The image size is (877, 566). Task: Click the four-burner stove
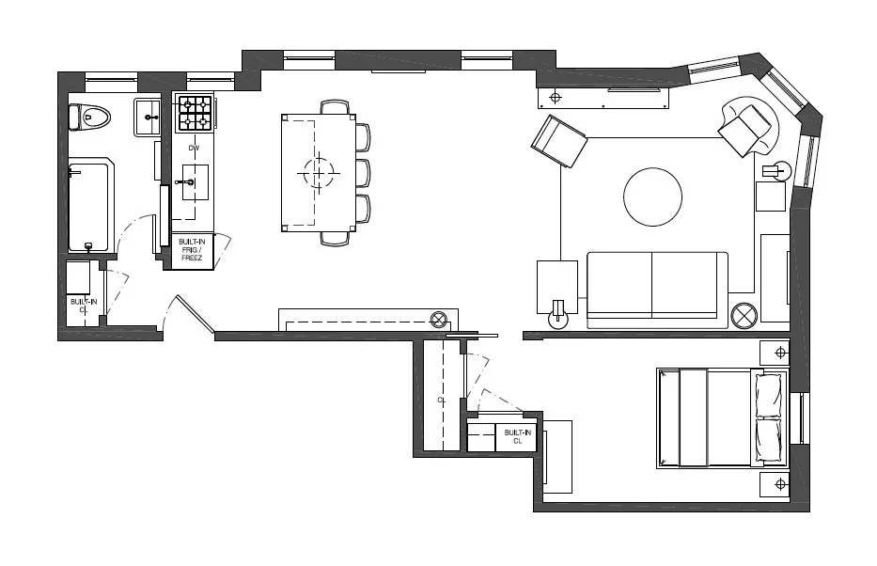pos(196,114)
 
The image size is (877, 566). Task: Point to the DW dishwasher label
pos(195,149)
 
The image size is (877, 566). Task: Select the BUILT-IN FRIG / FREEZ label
pos(191,249)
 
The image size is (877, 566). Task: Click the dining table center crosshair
pos(319,171)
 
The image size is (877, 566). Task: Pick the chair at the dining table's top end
pos(334,107)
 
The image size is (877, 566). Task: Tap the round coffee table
pos(652,197)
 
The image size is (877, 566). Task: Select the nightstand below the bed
pos(779,483)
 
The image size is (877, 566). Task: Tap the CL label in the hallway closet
pos(440,400)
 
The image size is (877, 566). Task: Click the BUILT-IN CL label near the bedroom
pos(517,436)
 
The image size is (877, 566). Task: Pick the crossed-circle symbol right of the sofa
pos(744,314)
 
